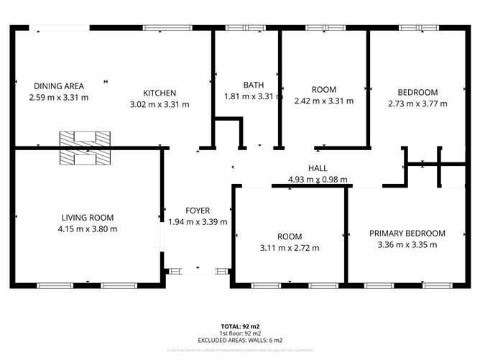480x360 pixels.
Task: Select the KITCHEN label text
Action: pyautogui.click(x=159, y=93)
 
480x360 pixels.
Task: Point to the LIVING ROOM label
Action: pyautogui.click(x=87, y=218)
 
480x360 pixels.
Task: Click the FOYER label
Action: pyautogui.click(x=198, y=211)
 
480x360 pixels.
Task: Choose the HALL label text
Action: pyautogui.click(x=318, y=168)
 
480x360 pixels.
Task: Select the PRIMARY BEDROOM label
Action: pyautogui.click(x=407, y=233)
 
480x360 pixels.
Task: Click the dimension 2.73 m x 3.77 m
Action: pyautogui.click(x=417, y=103)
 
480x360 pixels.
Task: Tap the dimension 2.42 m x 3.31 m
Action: pyautogui.click(x=323, y=101)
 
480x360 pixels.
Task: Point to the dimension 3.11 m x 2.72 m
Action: pyautogui.click(x=290, y=248)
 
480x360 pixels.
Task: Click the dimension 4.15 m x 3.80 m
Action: pyautogui.click(x=87, y=229)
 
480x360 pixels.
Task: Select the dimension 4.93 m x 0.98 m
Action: pyautogui.click(x=318, y=180)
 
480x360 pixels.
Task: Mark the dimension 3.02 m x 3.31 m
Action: pyautogui.click(x=159, y=104)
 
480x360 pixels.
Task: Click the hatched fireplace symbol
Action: pyautogui.click(x=85, y=147)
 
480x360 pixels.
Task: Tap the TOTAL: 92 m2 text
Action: pyautogui.click(x=239, y=326)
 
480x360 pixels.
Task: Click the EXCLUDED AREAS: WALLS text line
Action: pyautogui.click(x=239, y=340)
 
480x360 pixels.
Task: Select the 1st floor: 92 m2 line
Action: pyautogui.click(x=239, y=333)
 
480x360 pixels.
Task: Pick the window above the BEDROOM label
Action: pyautogui.click(x=419, y=28)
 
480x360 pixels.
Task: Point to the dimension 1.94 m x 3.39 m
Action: pyautogui.click(x=198, y=222)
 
